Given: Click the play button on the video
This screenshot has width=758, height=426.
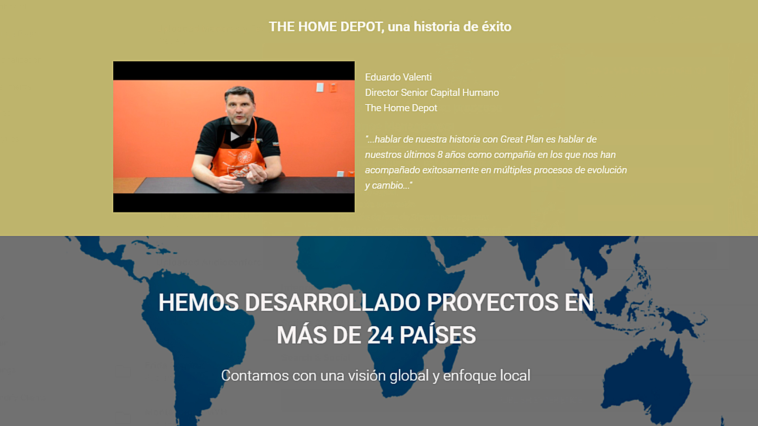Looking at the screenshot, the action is click(x=235, y=136).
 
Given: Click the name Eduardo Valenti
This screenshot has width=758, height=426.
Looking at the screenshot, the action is click(x=398, y=77).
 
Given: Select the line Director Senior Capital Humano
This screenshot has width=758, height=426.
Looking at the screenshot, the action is click(x=432, y=92).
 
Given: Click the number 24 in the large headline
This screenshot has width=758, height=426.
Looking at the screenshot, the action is click(x=380, y=335).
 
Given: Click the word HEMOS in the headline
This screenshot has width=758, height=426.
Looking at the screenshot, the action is click(x=199, y=303).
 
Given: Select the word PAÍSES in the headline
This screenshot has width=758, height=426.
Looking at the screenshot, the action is click(x=437, y=334).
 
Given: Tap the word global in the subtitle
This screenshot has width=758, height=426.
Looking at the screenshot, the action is click(x=409, y=376).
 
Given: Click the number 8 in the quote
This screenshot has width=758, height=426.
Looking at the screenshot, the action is click(x=440, y=155).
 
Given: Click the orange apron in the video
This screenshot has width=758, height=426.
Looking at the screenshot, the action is click(x=239, y=158).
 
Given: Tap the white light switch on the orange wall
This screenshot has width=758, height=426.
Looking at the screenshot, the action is click(x=320, y=87).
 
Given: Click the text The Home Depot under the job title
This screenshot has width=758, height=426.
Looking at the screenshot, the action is click(x=401, y=108).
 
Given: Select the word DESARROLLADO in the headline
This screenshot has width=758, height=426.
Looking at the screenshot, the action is click(x=333, y=303).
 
